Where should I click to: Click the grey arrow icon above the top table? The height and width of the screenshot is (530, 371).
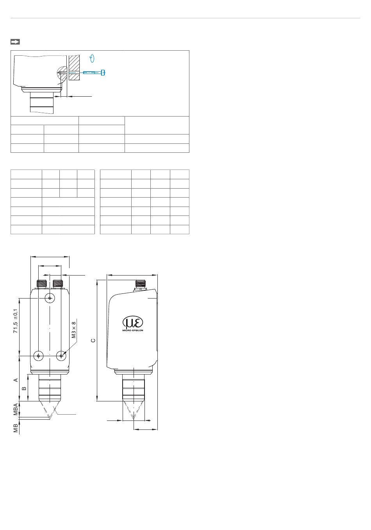15,42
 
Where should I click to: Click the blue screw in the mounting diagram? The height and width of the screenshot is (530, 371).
94,72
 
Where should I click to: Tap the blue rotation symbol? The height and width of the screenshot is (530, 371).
92,58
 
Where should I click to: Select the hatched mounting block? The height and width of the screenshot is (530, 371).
74,68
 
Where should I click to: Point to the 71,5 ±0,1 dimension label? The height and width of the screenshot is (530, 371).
15,321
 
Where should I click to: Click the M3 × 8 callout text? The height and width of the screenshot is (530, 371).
74,330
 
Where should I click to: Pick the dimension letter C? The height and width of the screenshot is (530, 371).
93,341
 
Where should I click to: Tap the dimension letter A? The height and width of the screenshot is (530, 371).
16,380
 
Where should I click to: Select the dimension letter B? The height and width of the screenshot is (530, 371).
24,389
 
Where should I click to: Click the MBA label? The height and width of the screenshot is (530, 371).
16,409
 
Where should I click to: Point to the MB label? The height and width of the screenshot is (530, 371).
16,428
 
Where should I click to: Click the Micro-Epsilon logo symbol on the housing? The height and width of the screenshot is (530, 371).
133,322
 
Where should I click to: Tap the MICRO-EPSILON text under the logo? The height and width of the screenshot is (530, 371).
133,330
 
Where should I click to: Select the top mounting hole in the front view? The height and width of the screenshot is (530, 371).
50,298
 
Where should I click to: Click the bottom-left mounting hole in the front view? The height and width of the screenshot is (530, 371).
38,356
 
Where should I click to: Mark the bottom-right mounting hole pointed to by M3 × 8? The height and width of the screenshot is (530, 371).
61,356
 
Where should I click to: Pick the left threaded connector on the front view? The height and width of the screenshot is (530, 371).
41,284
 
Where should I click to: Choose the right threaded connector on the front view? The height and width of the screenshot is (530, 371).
58,284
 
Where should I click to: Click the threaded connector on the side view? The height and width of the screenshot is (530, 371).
140,285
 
